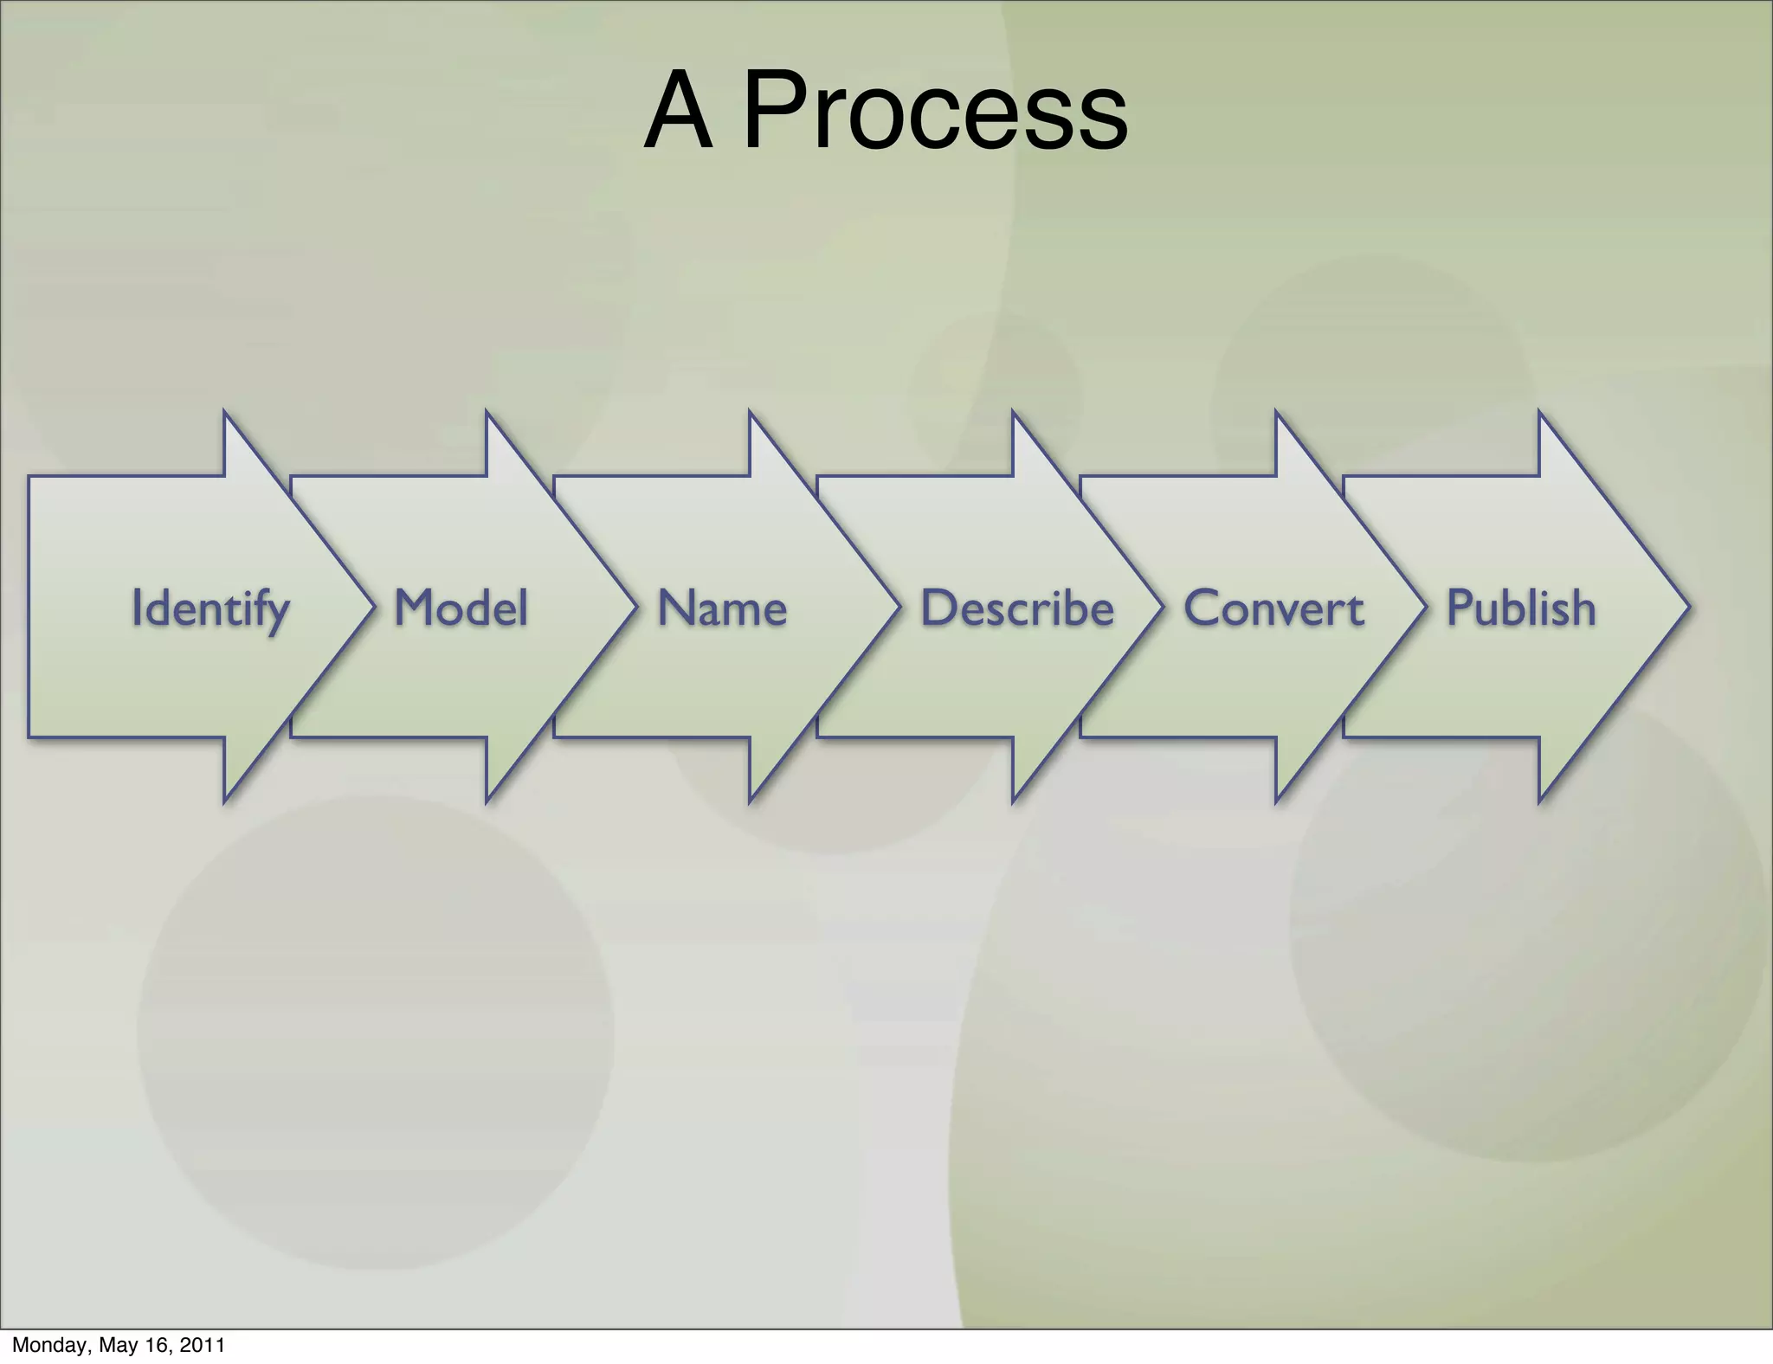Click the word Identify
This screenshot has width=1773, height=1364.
pyautogui.click(x=210, y=608)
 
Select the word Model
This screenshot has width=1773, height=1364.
pyautogui.click(x=461, y=608)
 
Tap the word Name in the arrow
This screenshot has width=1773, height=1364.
pyautogui.click(x=722, y=608)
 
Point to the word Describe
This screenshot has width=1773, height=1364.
pyautogui.click(x=1017, y=608)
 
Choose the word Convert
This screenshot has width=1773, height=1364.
pyautogui.click(x=1273, y=608)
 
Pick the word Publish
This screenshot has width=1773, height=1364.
pyautogui.click(x=1521, y=608)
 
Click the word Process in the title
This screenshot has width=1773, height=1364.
pyautogui.click(x=935, y=111)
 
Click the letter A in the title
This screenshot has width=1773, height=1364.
pyautogui.click(x=679, y=111)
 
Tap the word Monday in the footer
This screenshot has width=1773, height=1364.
pyautogui.click(x=48, y=1345)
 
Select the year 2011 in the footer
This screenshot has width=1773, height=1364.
pyautogui.click(x=203, y=1345)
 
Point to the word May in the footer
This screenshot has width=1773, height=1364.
pyautogui.click(x=119, y=1345)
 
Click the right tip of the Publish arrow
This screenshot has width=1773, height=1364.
pyautogui.click(x=1686, y=607)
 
